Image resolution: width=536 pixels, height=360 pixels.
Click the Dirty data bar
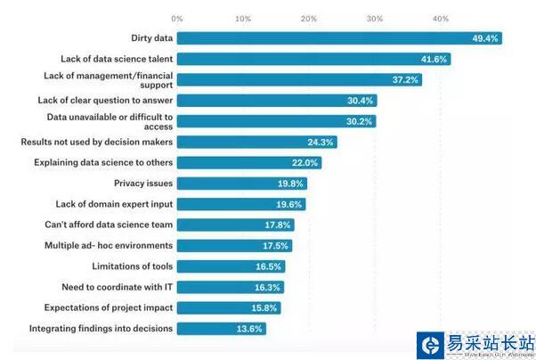pos(338,38)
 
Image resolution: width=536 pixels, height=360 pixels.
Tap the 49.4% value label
pos(486,38)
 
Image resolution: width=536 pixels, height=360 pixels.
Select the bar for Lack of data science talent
pos(313,59)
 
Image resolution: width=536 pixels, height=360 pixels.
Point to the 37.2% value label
pos(406,79)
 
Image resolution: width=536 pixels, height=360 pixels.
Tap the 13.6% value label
pos(248,329)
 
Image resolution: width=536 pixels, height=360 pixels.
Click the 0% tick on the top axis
pos(177,18)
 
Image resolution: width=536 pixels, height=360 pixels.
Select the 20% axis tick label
pos(309,18)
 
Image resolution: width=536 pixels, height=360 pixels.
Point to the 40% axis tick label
pos(441,18)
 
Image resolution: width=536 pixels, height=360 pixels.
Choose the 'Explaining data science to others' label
pos(103,162)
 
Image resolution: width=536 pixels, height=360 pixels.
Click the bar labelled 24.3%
pos(256,142)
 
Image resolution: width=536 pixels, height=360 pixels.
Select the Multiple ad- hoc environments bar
pos(234,246)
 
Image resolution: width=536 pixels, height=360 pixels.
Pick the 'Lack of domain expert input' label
pos(114,204)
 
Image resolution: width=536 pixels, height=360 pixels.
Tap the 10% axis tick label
pos(242,18)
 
